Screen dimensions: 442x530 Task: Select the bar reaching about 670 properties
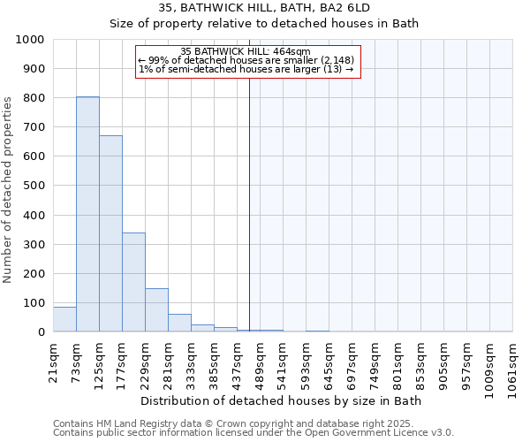tap(110, 233)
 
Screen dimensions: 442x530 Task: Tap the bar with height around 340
tap(133, 282)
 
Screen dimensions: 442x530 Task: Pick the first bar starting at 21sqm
tap(64, 320)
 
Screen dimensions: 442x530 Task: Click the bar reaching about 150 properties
tap(156, 310)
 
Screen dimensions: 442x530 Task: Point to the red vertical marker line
tap(249, 203)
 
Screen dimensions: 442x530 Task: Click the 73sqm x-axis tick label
tap(77, 360)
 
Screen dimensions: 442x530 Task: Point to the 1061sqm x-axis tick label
tap(513, 366)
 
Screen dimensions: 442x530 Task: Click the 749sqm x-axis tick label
tap(375, 362)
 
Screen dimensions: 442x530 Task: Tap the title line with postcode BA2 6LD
tap(264, 8)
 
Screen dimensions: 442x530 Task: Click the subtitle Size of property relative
tap(264, 23)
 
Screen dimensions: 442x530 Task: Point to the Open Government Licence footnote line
tap(253, 433)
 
